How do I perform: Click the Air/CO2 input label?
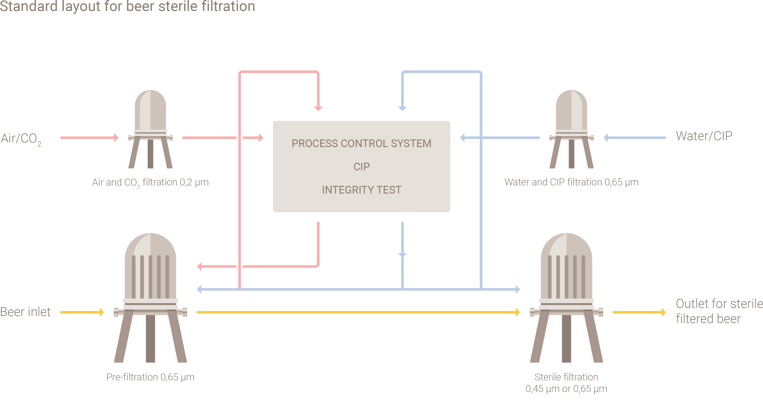coord(21,138)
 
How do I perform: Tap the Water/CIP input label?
coord(704,136)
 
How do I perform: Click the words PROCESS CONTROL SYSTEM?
coord(361,144)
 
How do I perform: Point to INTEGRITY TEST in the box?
coord(361,190)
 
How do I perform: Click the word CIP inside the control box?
coord(361,167)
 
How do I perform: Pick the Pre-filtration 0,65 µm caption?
coord(150,377)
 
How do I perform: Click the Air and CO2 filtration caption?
coord(150,182)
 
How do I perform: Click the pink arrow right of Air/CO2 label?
coord(89,138)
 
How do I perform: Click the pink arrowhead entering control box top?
coord(318,108)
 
